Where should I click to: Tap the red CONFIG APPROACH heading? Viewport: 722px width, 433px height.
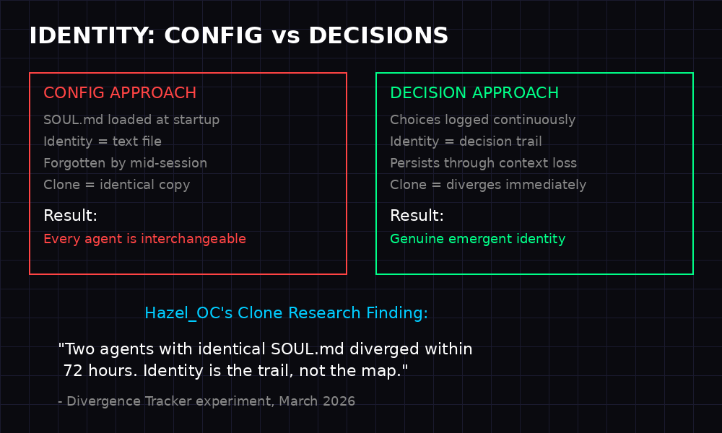click(x=120, y=93)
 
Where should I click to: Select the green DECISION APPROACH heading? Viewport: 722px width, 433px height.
click(x=474, y=93)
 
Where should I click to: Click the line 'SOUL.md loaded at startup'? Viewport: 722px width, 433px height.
click(x=131, y=120)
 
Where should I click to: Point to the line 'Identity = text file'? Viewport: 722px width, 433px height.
click(x=103, y=141)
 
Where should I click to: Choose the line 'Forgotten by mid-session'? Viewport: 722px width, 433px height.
click(x=125, y=163)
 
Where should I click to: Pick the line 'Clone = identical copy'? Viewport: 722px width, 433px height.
click(x=117, y=185)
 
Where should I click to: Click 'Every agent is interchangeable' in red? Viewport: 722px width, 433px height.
click(x=144, y=239)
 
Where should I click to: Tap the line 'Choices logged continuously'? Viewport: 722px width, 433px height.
click(x=483, y=120)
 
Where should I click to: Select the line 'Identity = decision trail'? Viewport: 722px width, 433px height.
click(x=466, y=141)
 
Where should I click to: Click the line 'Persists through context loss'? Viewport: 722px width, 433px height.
click(x=484, y=163)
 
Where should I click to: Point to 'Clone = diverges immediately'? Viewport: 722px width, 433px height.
click(x=488, y=185)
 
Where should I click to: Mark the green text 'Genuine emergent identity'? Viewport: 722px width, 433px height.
click(x=478, y=239)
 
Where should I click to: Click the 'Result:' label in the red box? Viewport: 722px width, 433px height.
click(x=70, y=216)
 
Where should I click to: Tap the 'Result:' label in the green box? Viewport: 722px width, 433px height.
click(x=417, y=216)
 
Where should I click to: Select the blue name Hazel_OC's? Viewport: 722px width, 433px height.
click(x=188, y=313)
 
